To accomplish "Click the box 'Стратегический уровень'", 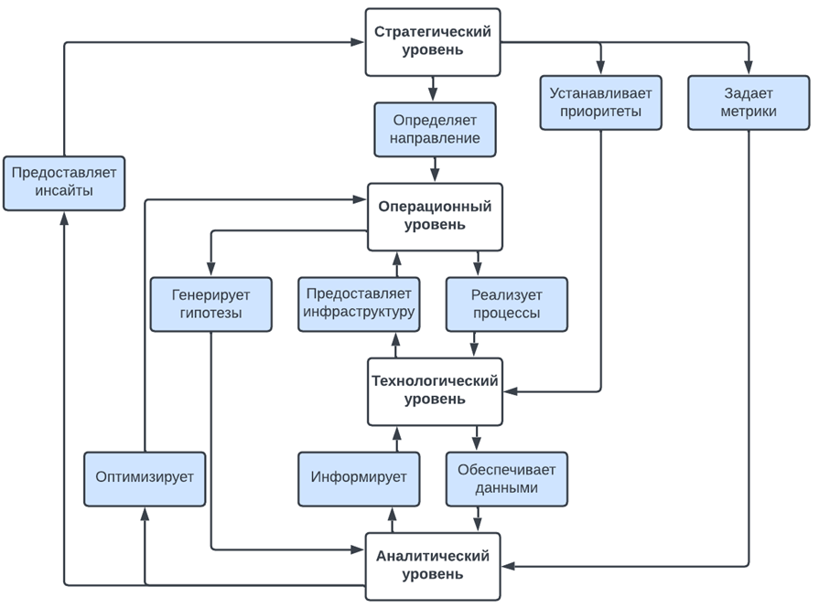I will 433,42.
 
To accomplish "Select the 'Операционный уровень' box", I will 435,217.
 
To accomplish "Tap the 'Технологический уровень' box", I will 435,391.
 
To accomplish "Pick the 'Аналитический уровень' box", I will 433,566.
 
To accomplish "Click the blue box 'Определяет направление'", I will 435,129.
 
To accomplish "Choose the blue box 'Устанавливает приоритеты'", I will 601,102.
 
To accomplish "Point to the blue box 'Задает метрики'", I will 749,102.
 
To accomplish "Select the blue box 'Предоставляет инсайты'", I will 63,183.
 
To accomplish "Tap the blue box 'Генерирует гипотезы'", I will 210,304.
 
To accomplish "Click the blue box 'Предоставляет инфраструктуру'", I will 359,304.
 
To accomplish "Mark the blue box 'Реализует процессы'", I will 506,304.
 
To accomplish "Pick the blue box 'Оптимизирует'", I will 145,478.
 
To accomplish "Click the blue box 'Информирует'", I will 359,478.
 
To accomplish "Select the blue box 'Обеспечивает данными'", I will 506,478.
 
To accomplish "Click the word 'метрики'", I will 749,112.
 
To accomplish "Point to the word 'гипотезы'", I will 210,314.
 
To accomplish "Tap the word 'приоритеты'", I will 601,112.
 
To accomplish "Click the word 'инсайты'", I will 63,193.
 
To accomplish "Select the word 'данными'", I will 506,488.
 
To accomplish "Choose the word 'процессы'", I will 506,314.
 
